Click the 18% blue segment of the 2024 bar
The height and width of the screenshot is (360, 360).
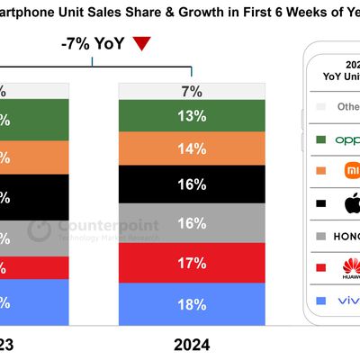click(x=192, y=304)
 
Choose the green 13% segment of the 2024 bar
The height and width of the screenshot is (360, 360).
click(x=192, y=116)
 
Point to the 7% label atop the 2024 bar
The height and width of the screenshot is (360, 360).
click(x=192, y=91)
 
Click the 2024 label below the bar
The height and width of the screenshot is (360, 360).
click(x=192, y=343)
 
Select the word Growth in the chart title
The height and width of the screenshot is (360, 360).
click(x=143, y=12)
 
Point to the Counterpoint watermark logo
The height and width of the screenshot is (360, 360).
click(x=39, y=229)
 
